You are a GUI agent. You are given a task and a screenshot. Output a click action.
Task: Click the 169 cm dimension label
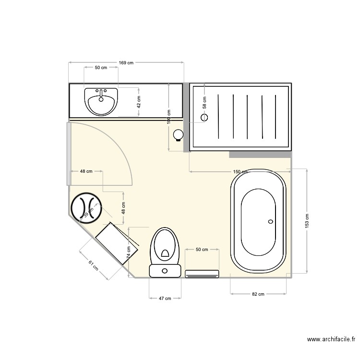[x=126, y=62]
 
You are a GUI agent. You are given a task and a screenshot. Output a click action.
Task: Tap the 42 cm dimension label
[x=139, y=102]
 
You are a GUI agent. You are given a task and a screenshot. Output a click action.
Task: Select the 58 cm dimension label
[x=204, y=102]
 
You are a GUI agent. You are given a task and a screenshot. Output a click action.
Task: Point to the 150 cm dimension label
[x=240, y=172]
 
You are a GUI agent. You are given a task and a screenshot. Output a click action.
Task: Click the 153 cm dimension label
[x=307, y=220]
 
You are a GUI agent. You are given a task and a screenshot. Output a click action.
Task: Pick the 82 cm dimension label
[x=258, y=294]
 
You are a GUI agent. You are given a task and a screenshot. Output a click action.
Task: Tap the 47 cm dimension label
[x=165, y=299]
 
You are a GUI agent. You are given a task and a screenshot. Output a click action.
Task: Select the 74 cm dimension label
[x=129, y=252]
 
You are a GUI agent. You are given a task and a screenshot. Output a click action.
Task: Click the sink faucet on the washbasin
[x=101, y=91]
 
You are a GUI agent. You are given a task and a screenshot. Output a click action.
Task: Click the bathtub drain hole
[x=270, y=222]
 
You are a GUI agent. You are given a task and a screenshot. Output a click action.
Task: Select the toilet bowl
[x=165, y=245]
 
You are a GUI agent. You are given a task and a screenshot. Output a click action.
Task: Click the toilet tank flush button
[x=165, y=271]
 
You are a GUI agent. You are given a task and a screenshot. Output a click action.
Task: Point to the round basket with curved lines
[x=86, y=207]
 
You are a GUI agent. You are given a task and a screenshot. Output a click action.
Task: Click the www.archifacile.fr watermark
[x=332, y=340]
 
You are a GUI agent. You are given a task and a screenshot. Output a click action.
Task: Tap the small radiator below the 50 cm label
[x=202, y=274]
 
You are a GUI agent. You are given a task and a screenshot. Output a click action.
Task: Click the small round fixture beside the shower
[x=179, y=135]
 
